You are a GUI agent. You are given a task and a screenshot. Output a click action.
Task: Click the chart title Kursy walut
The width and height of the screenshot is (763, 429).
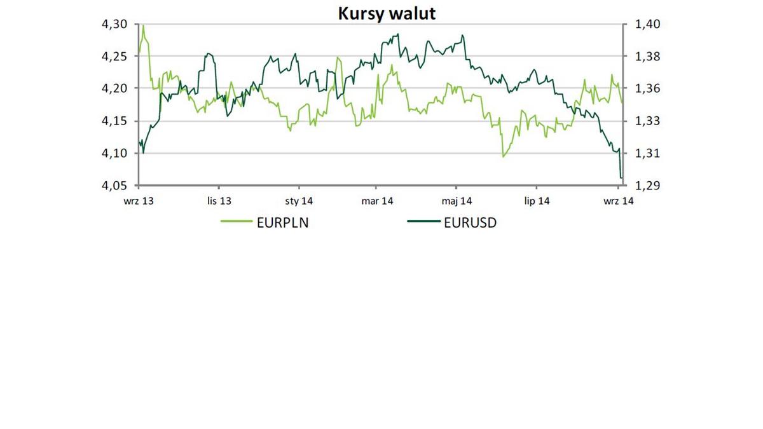[387, 13]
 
